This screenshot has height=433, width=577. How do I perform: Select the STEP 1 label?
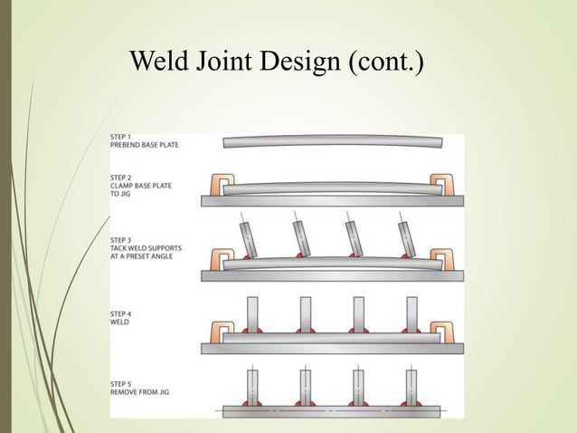coord(121,136)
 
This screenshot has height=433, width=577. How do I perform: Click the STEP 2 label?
coord(121,178)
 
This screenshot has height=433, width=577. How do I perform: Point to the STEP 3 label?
coord(121,240)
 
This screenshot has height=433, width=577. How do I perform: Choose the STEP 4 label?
coord(121,313)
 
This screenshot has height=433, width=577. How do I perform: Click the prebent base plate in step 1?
coord(332,142)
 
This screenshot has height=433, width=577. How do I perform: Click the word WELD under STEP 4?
coord(118,321)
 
